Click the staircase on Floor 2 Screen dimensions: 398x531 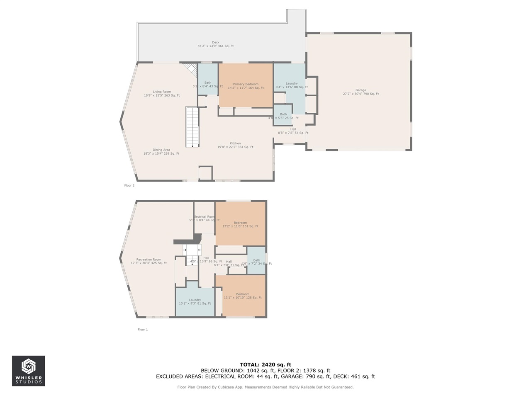click(x=192, y=127)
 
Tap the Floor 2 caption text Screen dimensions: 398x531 click(x=129, y=186)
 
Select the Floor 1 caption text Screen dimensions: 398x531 click(x=143, y=330)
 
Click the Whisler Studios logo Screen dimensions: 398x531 click(x=29, y=371)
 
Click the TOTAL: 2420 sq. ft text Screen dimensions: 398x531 click(x=265, y=364)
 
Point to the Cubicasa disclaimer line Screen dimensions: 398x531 click(x=265, y=387)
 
